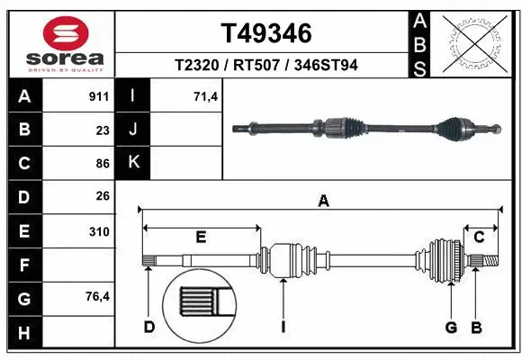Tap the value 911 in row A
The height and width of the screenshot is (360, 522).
pos(98,94)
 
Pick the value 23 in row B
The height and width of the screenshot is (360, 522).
pos(102,129)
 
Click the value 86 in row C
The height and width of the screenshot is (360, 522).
pos(102,163)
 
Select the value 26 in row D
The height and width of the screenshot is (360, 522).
pos(102,196)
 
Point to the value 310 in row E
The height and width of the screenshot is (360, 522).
pos(99,231)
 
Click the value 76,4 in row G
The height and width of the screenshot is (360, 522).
pos(97,298)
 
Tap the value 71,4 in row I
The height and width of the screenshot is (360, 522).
pos(207,94)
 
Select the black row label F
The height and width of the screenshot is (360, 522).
pos(24,265)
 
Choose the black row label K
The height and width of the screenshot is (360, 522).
pos(133,163)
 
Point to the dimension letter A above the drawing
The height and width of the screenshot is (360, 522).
pos(323,202)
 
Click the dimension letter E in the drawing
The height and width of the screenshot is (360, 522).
pos(202,237)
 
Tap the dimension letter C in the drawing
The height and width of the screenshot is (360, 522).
pos(479,237)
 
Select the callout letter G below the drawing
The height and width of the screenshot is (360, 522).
pos(451,327)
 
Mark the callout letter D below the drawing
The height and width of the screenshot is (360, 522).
pos(149,327)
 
